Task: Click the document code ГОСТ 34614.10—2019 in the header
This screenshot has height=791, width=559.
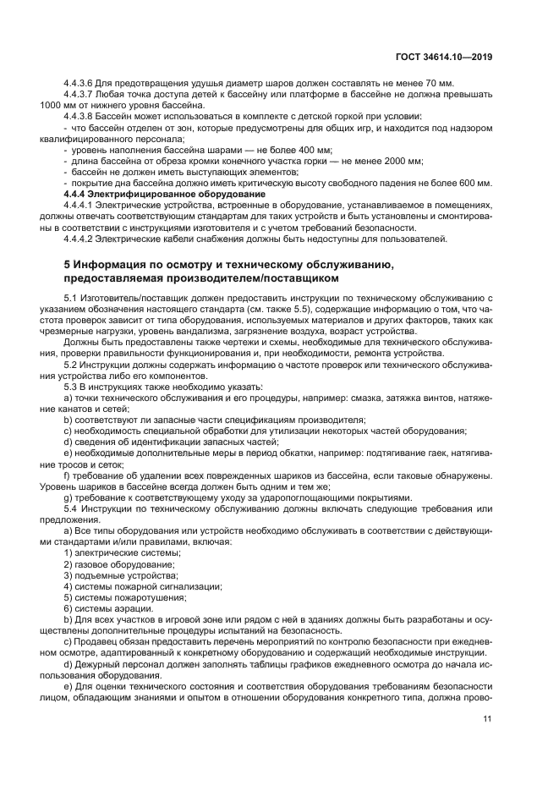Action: [x=445, y=58]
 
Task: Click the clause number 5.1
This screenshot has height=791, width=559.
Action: [x=71, y=298]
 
